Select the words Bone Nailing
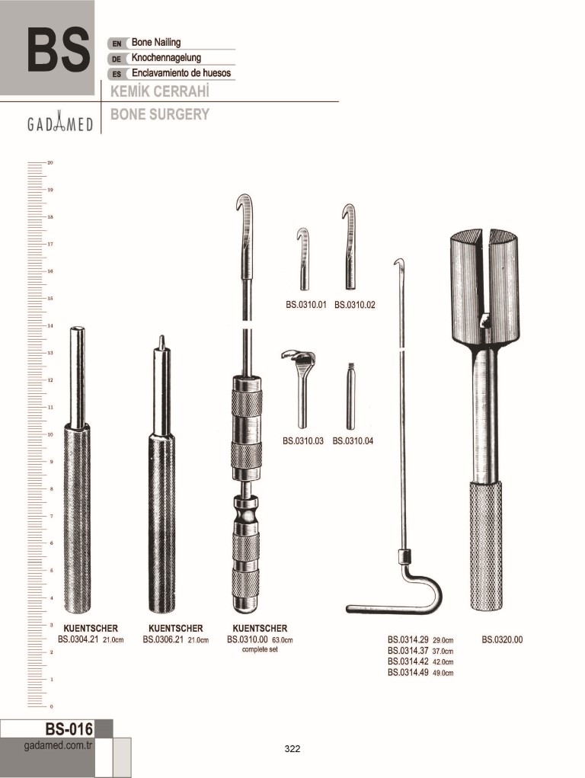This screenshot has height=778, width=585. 156,43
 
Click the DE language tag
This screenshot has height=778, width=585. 117,59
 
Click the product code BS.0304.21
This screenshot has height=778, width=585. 78,639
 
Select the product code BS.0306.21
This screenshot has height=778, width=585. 163,639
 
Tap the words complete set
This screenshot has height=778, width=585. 260,649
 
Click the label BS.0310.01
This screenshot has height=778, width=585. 305,305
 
